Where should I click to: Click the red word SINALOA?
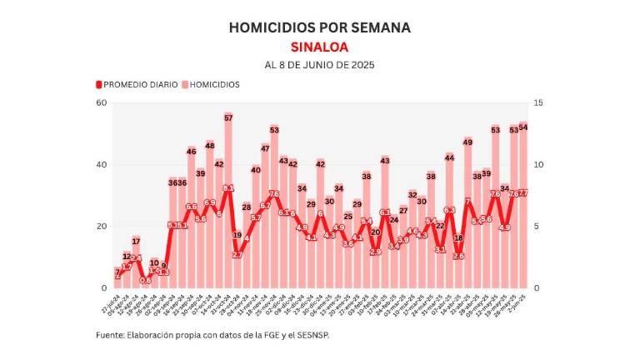coord(319,47)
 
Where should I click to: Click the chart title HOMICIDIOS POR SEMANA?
coord(319,27)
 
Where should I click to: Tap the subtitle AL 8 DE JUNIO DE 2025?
coord(319,65)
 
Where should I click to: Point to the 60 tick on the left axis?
coord(102,102)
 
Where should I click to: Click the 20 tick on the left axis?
coord(102,227)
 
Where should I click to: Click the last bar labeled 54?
coord(523,208)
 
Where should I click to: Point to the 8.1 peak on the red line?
coord(228,188)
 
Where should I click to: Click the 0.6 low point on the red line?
coord(145,280)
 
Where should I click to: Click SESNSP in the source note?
coord(320,335)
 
